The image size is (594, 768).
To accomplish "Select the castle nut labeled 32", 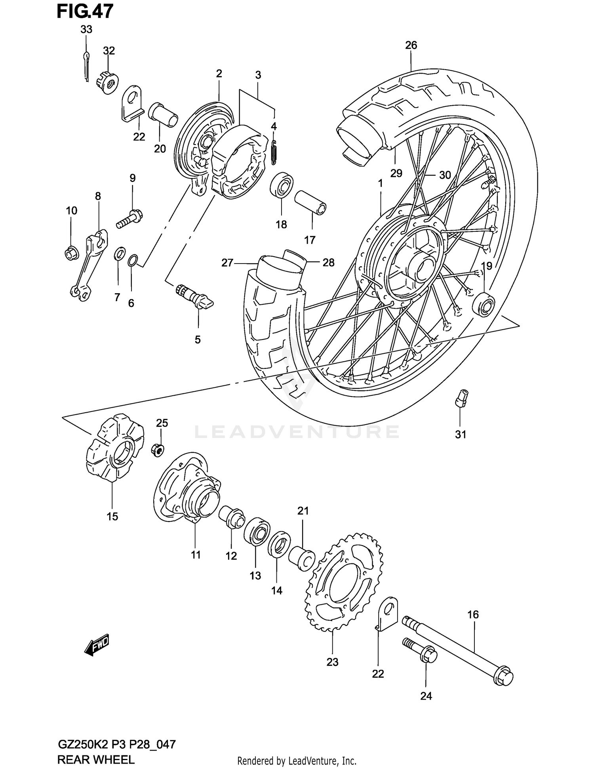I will pyautogui.click(x=107, y=82).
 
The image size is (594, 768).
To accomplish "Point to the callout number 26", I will pyautogui.click(x=411, y=45).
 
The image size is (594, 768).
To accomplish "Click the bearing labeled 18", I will pyautogui.click(x=282, y=185).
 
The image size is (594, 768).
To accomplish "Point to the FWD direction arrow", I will pyautogui.click(x=97, y=646).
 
